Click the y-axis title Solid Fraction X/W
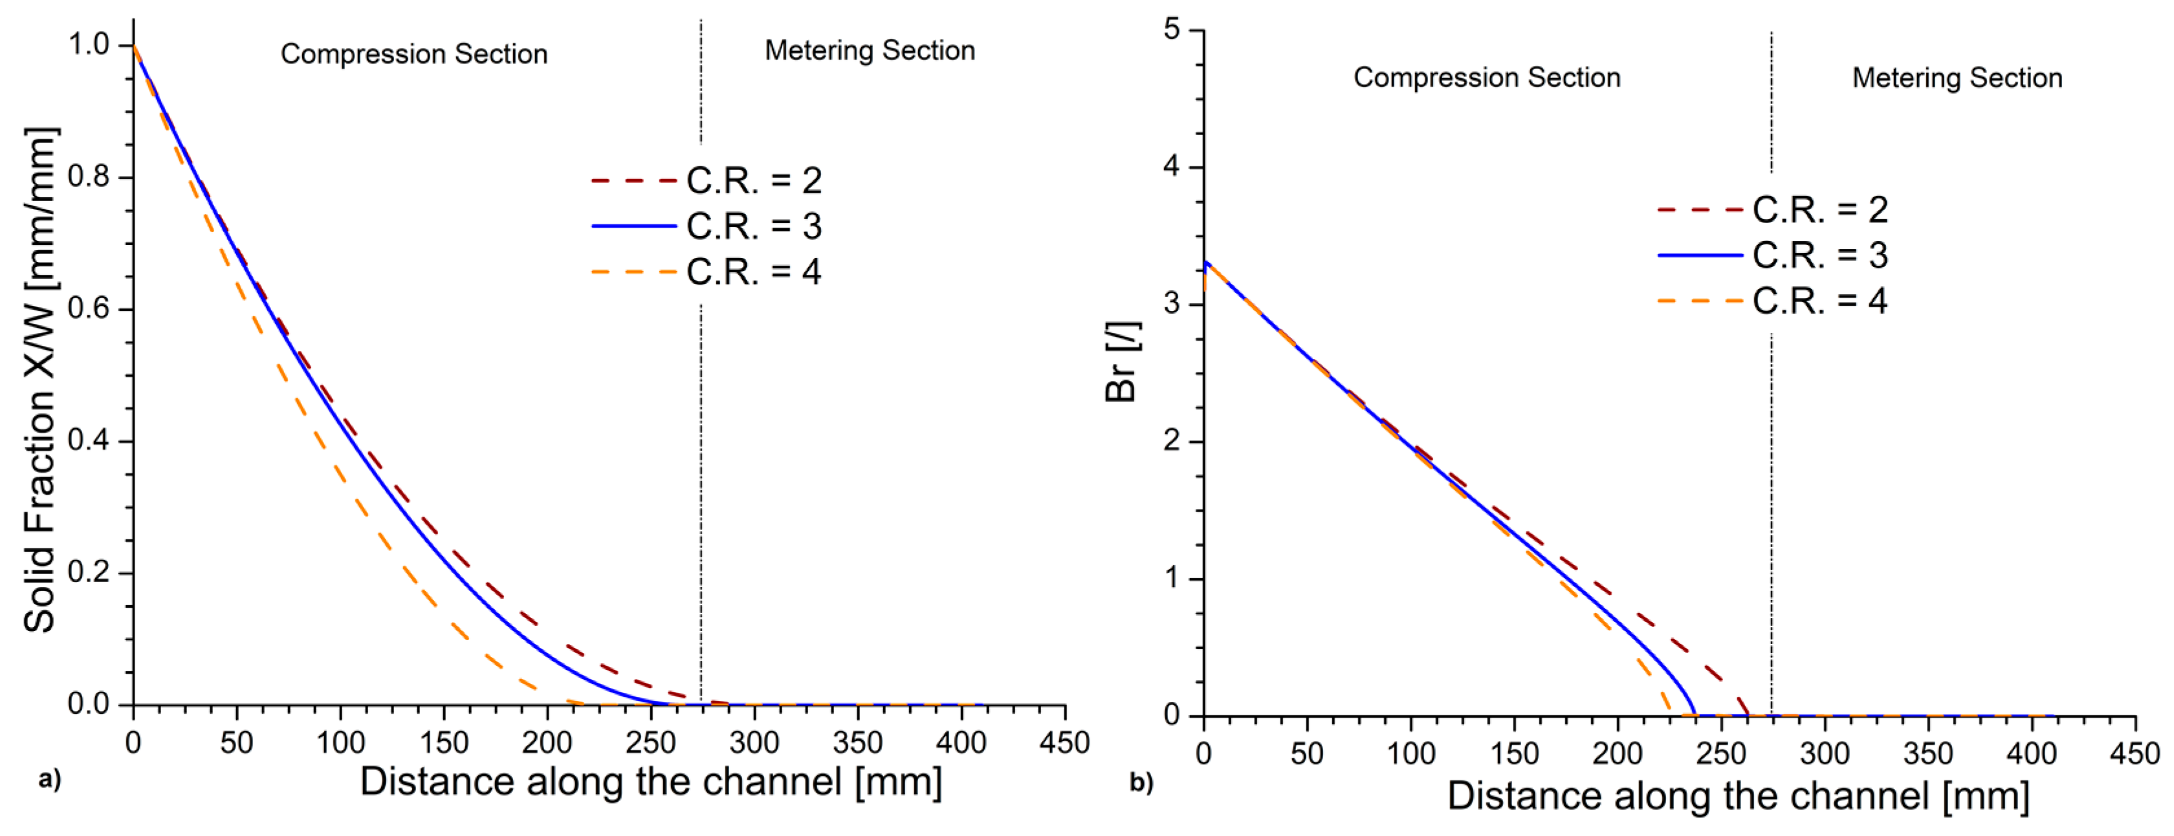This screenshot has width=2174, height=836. [41, 380]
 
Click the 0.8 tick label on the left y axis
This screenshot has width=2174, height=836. [89, 177]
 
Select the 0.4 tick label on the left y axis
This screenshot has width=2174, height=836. [89, 440]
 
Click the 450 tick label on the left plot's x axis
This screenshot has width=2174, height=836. [1064, 743]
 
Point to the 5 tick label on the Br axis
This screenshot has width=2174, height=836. [1171, 30]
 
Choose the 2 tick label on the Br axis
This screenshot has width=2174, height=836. [1171, 440]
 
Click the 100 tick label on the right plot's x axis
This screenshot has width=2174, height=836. [1411, 753]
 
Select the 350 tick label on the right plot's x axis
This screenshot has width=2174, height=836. [1928, 753]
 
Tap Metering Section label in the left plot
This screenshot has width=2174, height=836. [869, 50]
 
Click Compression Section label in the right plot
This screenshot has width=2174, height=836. [1486, 78]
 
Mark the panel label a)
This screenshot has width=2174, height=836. [50, 778]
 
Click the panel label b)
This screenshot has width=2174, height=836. [1141, 783]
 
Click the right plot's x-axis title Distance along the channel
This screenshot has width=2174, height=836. [1738, 797]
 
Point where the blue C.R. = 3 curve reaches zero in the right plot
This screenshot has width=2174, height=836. [1694, 714]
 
